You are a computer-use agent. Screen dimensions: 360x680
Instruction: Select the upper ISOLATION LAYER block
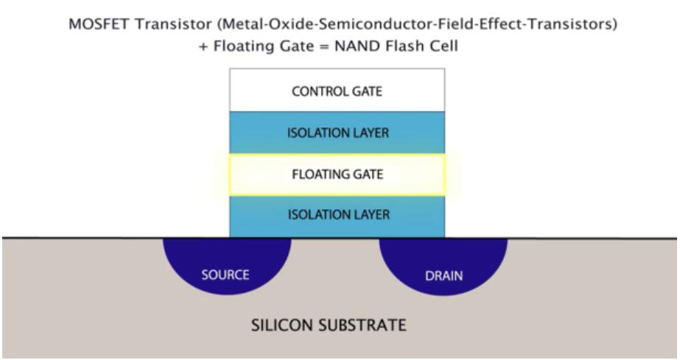pos(337,133)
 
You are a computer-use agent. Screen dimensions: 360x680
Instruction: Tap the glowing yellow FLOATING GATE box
pos(337,174)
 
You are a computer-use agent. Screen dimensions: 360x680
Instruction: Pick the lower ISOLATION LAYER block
pos(337,216)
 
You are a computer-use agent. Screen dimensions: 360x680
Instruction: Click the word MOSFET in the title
pos(93,25)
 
